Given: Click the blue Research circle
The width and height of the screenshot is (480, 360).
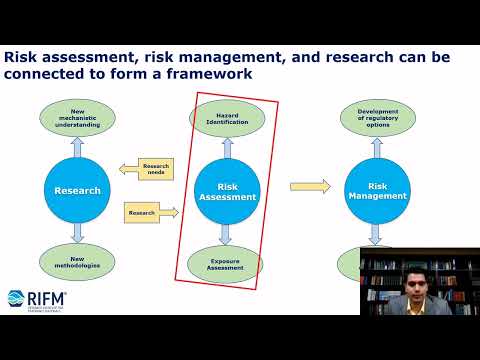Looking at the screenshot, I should (x=77, y=190).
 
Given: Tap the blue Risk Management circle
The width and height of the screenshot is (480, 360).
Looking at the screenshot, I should (x=377, y=190).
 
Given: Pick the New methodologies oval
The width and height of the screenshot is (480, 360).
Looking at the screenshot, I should (x=77, y=262).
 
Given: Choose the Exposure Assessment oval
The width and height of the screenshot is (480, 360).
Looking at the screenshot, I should (x=225, y=263).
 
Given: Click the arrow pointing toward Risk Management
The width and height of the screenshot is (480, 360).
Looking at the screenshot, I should (x=310, y=185).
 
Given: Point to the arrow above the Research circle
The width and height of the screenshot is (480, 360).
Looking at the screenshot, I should (x=77, y=147).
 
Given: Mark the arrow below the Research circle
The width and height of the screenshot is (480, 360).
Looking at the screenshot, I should (x=77, y=234).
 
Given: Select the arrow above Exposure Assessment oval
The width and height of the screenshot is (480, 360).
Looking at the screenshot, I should (x=225, y=234).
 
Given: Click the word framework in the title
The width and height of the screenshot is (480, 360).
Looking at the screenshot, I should (x=204, y=74).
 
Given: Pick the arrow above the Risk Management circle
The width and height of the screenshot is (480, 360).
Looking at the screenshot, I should (x=377, y=148).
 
